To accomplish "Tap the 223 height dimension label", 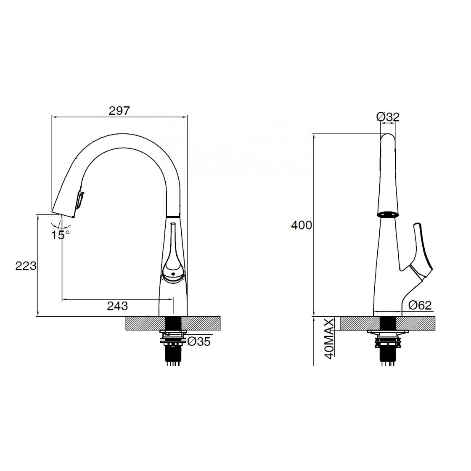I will pos(26,266).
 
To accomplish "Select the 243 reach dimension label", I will pos(117,306).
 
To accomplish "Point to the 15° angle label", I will pos(61,235).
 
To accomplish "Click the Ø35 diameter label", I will pos(198,341).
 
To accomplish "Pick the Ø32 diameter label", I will pos(388,116).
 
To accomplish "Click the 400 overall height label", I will pos(302,225).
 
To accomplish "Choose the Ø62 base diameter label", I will pos(420,306).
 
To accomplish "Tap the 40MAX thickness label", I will pos(330,338).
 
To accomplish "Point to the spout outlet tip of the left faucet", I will pos(63,212).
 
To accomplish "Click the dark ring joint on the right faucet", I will pos(387,215).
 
